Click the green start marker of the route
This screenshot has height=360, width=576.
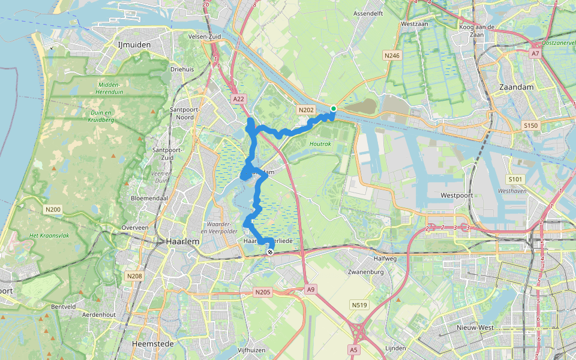pos(333,109)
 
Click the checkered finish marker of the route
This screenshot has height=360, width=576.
pos(271,253)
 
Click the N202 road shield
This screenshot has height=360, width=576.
pos(305,109)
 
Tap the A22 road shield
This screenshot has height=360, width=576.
pos(238,98)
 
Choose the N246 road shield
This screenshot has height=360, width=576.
pos(392,55)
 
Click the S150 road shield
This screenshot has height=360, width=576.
pos(530,125)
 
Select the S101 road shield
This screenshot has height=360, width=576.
pos(515,179)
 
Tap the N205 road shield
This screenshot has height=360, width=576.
pos(262,292)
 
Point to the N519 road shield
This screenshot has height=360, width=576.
pos(359,305)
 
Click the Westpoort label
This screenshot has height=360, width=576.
pos(457,196)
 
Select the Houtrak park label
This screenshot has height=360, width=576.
pos(320,144)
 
